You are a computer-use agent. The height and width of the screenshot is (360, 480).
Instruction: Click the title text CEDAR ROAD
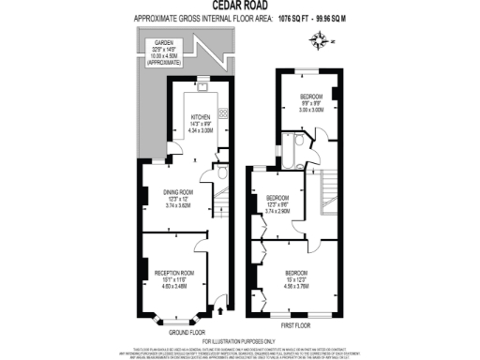click(240, 5)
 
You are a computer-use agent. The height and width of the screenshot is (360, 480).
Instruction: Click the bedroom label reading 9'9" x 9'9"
click(311, 103)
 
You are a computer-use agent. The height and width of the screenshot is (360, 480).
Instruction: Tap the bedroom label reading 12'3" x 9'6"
click(278, 204)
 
